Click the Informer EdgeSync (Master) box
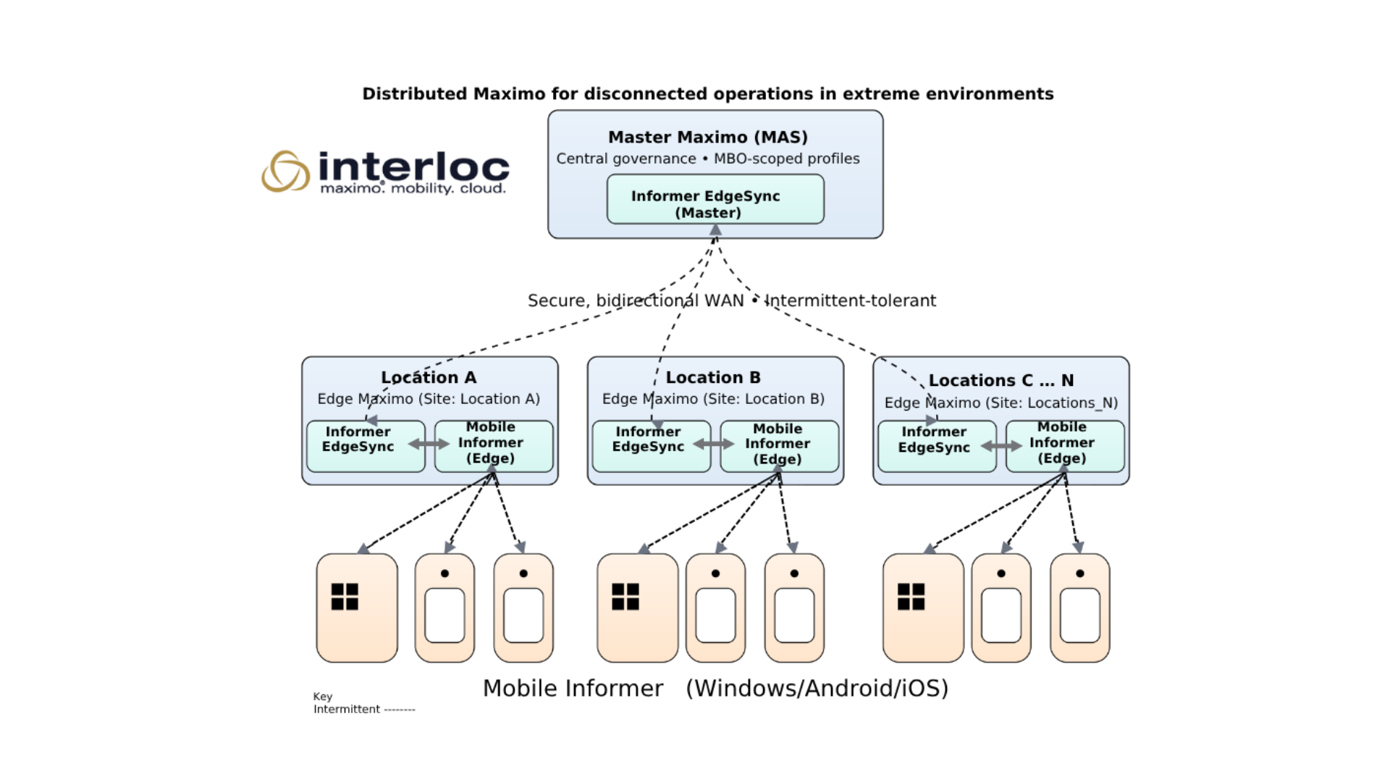pyautogui.click(x=715, y=199)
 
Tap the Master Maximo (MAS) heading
pyautogui.click(x=707, y=137)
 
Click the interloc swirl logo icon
pyautogui.click(x=285, y=171)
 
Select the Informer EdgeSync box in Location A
pyautogui.click(x=365, y=446)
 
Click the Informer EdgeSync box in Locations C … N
pyautogui.click(x=937, y=446)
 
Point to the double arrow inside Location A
pyautogui.click(x=429, y=444)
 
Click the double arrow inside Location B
pyautogui.click(x=714, y=444)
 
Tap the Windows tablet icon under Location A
pyautogui.click(x=357, y=607)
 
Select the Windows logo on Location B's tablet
pyautogui.click(x=625, y=597)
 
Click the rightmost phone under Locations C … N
pyautogui.click(x=1079, y=607)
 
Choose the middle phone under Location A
pyautogui.click(x=445, y=607)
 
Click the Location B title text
pyautogui.click(x=713, y=377)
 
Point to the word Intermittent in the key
pyautogui.click(x=346, y=710)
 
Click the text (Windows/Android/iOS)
pyautogui.click(x=817, y=688)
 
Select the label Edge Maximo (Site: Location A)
pyautogui.click(x=429, y=399)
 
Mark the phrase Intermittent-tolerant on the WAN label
pyautogui.click(x=850, y=300)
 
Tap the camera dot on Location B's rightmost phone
pyautogui.click(x=794, y=573)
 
